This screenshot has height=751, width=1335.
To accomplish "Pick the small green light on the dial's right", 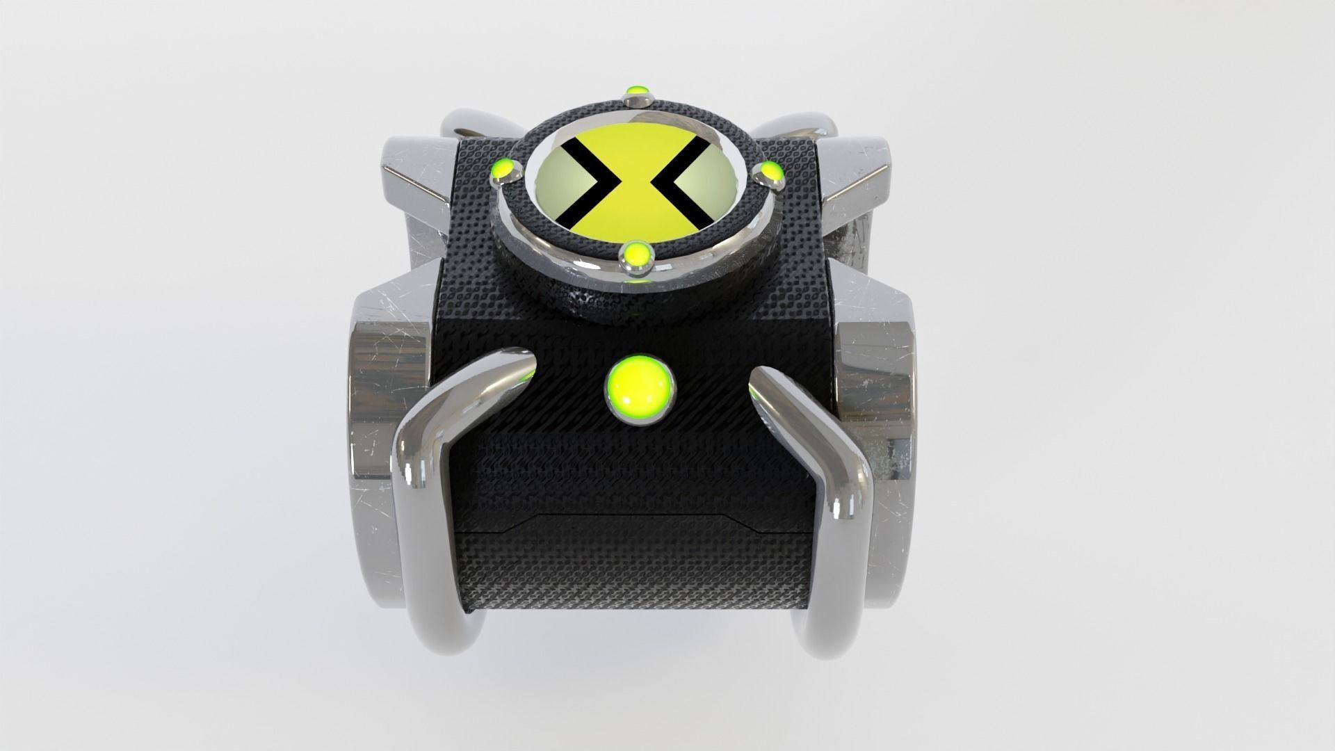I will point(770,170).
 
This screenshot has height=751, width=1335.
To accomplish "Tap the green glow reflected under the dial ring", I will point(634,282).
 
